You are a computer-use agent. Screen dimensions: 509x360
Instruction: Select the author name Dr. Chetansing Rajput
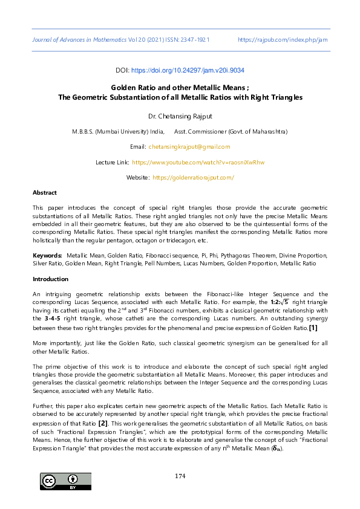click(x=180, y=115)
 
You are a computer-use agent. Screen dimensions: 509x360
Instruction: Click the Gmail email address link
click(x=189, y=147)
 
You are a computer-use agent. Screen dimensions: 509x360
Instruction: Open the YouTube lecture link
click(x=198, y=163)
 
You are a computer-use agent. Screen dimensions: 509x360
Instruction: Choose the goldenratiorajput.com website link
click(x=193, y=178)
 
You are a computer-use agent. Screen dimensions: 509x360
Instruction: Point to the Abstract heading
click(x=45, y=192)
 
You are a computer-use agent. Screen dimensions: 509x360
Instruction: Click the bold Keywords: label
click(x=47, y=256)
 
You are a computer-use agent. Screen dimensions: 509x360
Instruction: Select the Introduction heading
click(x=50, y=279)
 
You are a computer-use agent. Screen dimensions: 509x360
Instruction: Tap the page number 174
click(x=180, y=476)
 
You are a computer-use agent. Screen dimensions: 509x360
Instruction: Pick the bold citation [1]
click(x=313, y=328)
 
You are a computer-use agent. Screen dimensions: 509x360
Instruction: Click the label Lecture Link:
click(x=113, y=163)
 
